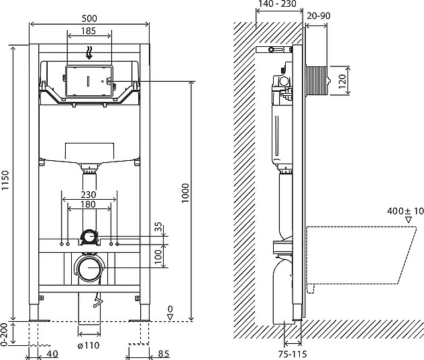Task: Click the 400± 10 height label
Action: coord(405,211)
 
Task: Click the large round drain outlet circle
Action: coord(89,269)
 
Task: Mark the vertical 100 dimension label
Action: coord(159,255)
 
